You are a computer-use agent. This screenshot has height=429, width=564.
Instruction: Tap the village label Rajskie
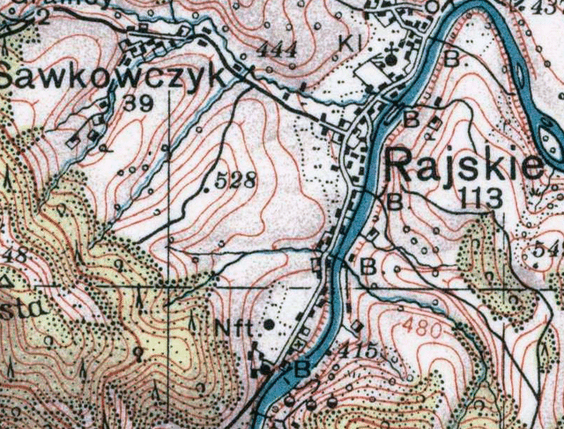[465, 165]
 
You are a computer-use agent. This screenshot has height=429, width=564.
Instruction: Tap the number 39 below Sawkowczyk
[137, 104]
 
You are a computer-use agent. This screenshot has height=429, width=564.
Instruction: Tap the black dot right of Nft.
[269, 324]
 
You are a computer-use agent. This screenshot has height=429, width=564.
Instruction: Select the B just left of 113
[394, 200]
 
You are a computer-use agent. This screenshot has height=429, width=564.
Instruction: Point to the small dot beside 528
[207, 187]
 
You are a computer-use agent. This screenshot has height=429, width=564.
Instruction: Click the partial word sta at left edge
[16, 288]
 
